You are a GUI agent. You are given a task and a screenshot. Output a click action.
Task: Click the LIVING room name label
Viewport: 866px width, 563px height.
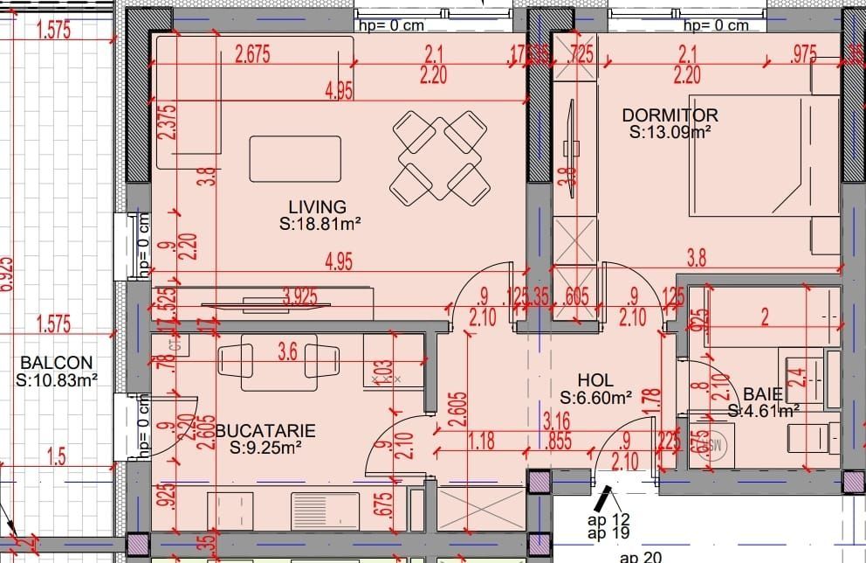pyautogui.click(x=318, y=207)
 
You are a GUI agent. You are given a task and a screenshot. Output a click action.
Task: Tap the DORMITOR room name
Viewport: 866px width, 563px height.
pyautogui.click(x=670, y=115)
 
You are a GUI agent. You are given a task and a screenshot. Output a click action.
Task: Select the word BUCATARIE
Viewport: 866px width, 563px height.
pyautogui.click(x=265, y=430)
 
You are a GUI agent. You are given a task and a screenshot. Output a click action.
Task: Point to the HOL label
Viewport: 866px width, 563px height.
pyautogui.click(x=595, y=381)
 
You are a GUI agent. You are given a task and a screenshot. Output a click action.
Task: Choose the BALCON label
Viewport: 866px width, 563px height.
pyautogui.click(x=57, y=363)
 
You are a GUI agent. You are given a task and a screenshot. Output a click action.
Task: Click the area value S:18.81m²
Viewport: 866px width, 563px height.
pyautogui.click(x=320, y=224)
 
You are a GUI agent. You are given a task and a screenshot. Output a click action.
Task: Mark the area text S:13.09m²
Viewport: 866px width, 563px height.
pyautogui.click(x=670, y=133)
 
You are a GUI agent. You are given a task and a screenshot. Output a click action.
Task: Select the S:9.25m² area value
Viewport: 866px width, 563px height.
pyautogui.click(x=265, y=448)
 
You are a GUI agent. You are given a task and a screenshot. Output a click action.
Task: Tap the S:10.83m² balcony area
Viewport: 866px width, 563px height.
pyautogui.click(x=57, y=380)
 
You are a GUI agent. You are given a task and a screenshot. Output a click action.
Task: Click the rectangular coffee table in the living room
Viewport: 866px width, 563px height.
pyautogui.click(x=295, y=158)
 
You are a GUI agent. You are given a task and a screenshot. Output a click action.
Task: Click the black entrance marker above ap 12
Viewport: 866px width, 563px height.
pyautogui.click(x=601, y=500)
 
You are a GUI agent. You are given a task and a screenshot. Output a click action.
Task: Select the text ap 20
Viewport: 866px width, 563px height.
pyautogui.click(x=640, y=557)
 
